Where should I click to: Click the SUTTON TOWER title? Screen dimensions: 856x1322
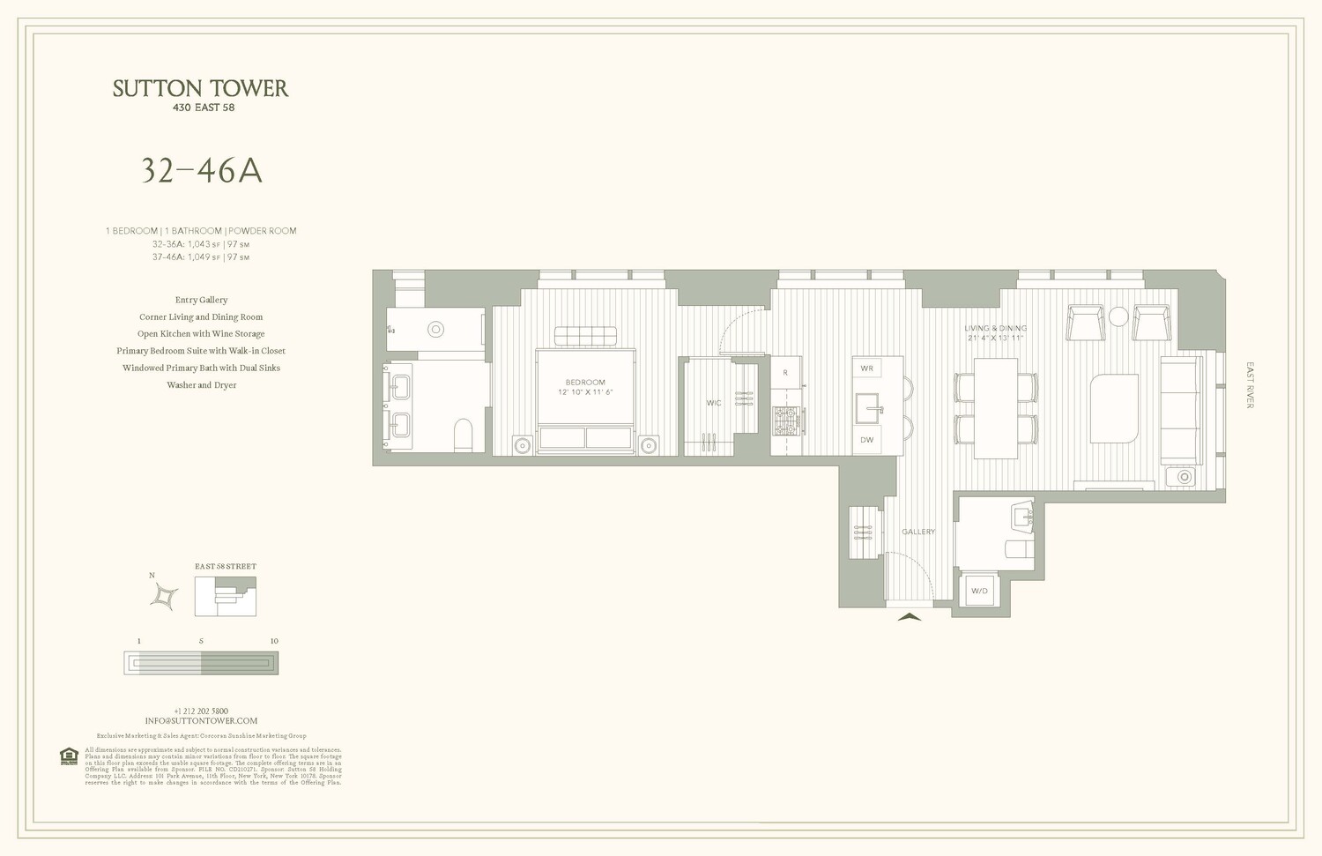coord(200,88)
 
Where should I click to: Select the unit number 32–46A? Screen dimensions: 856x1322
coord(202,171)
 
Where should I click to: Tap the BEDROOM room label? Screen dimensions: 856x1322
coord(585,383)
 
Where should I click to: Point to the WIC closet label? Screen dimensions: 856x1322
coord(714,403)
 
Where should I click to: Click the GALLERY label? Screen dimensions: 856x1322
coord(918,532)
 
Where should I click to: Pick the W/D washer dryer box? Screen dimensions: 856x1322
coord(979,591)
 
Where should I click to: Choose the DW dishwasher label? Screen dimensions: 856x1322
coord(867,440)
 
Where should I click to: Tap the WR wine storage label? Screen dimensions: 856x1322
coord(867,368)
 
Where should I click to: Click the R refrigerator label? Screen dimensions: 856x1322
coord(785,373)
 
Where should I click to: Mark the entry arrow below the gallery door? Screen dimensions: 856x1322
coord(909,617)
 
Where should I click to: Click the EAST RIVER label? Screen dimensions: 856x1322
coord(1250,385)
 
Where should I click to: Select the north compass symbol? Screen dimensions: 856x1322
coord(164,597)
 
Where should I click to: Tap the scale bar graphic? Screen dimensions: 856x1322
coord(201,663)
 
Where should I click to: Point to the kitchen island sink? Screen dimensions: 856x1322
coord(868,409)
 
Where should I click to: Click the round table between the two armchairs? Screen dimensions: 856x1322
coord(1118,317)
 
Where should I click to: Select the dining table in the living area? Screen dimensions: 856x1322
coord(996,407)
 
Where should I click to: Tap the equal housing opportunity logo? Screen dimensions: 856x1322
coord(69,756)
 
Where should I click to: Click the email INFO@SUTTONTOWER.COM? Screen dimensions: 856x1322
coord(201,721)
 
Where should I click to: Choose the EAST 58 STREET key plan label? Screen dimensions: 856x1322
coord(226,567)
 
